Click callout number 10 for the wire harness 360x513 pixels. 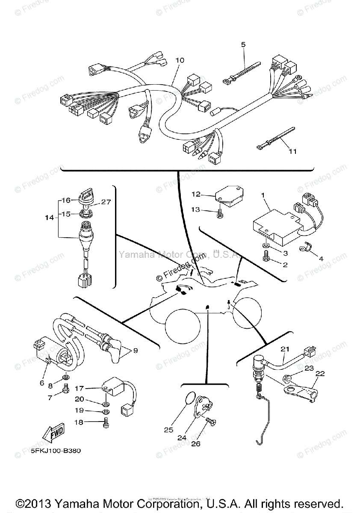[x=180, y=61]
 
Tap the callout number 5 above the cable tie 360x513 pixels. [x=243, y=44]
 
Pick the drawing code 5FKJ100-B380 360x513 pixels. [x=56, y=451]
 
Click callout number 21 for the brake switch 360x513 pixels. [x=285, y=349]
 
